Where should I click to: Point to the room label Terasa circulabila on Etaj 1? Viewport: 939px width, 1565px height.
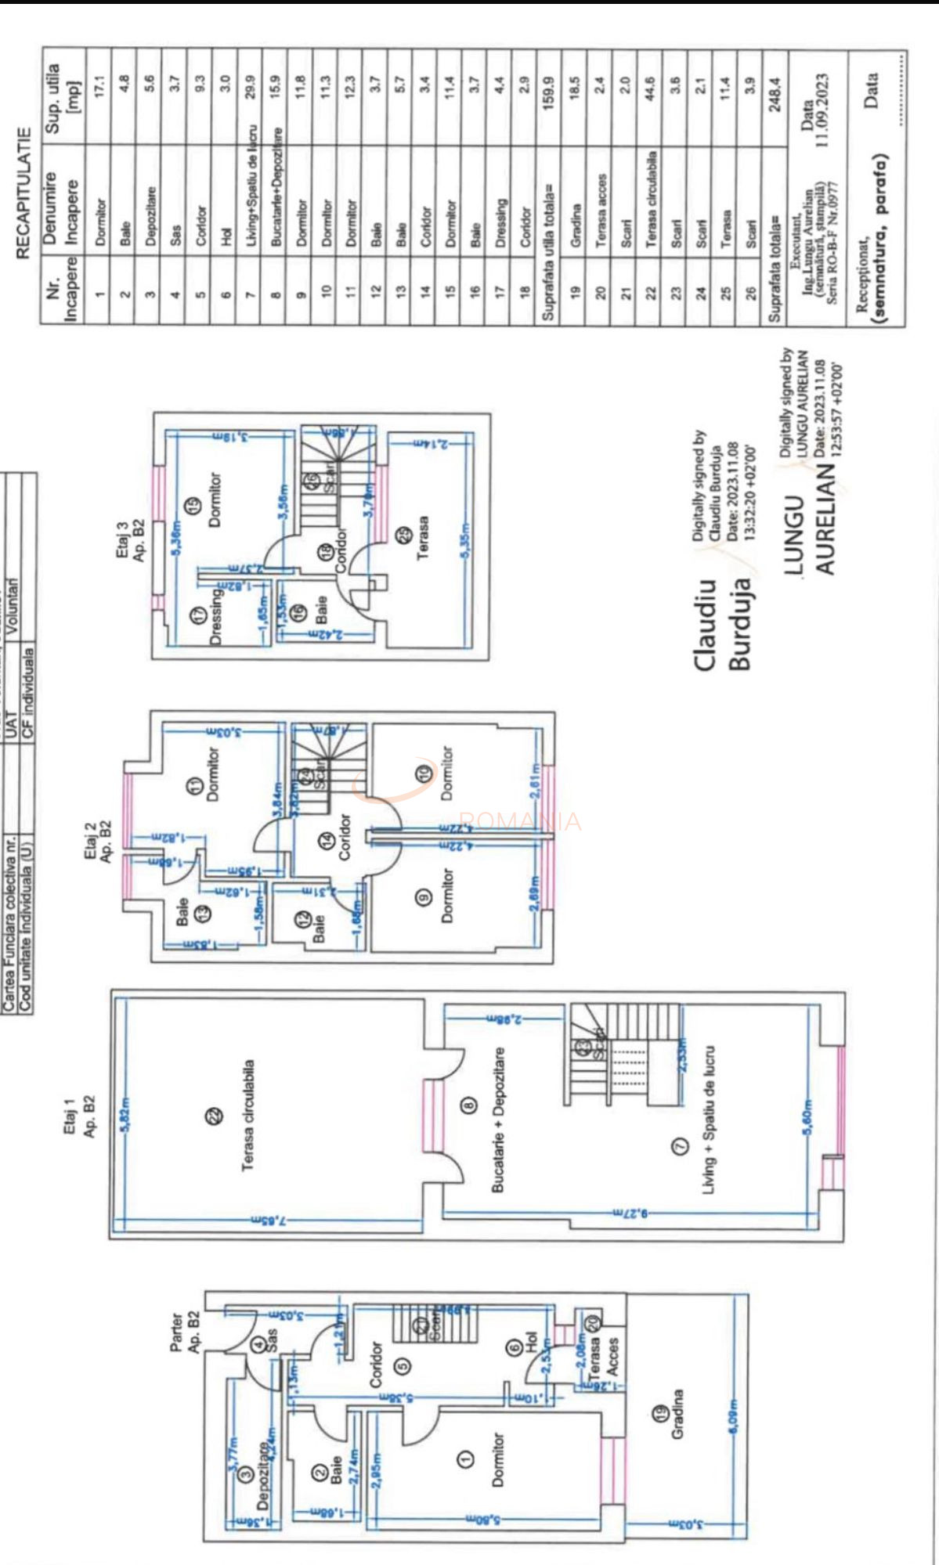pyautogui.click(x=247, y=1115)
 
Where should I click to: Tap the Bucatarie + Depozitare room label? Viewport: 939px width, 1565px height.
pyautogui.click(x=497, y=1120)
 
